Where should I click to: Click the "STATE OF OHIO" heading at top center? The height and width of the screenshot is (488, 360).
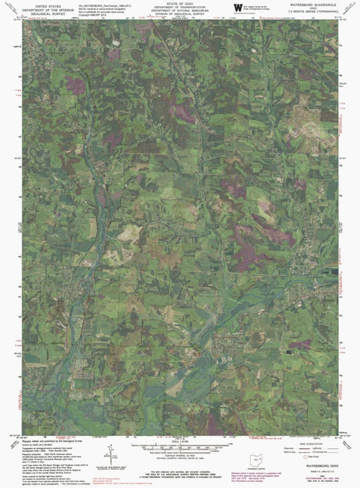click(x=179, y=4)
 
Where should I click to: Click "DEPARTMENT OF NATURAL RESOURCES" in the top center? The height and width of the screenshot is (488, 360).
click(x=179, y=11)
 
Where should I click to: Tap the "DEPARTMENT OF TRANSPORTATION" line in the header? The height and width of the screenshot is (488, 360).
click(x=179, y=8)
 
